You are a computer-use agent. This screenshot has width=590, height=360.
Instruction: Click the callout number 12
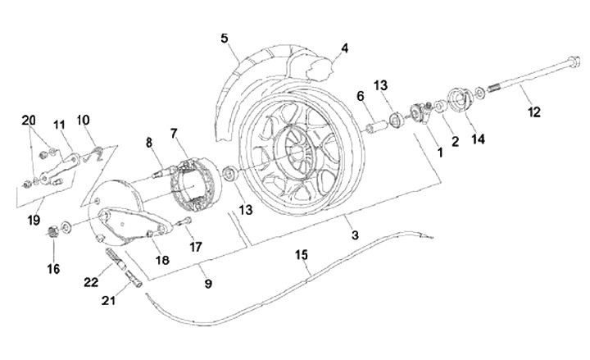coord(534,112)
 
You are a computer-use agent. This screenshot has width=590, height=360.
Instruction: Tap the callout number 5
coord(225,39)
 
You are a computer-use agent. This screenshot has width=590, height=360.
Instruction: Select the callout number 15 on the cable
coord(301,255)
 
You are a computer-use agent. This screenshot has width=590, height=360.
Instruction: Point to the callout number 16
coord(53,269)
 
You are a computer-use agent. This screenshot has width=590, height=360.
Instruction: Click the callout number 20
coord(29,121)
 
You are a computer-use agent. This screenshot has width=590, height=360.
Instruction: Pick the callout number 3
coord(355,235)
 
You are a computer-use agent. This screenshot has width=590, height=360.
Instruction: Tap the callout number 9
coord(208,283)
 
